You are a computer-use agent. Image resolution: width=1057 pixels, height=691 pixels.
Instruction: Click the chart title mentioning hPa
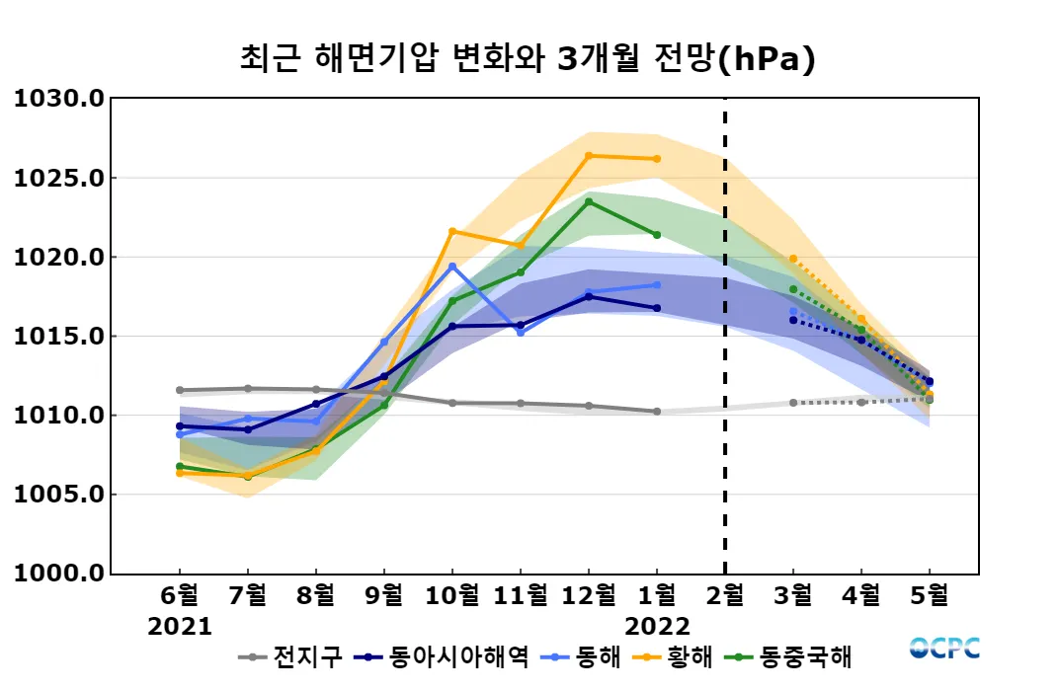click(528, 59)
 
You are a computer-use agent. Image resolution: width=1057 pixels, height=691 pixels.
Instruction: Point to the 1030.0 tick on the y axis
click(58, 99)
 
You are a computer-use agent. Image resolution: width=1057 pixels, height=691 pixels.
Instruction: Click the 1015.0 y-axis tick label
click(58, 336)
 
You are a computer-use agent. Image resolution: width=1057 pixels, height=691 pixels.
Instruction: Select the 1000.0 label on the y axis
click(58, 573)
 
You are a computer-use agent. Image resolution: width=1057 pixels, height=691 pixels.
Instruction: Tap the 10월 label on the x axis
click(452, 595)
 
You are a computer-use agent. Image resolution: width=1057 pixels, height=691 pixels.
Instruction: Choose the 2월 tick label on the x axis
click(725, 595)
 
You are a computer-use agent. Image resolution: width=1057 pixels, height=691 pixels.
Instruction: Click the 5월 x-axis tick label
click(930, 595)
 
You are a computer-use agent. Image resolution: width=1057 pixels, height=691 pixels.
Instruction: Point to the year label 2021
click(180, 626)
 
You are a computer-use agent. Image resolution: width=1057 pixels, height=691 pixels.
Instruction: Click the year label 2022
click(658, 626)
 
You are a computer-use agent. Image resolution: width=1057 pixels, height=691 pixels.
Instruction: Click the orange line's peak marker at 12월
click(589, 155)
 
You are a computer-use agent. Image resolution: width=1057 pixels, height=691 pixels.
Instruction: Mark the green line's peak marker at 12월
click(589, 201)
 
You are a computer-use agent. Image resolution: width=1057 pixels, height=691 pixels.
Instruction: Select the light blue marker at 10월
click(452, 267)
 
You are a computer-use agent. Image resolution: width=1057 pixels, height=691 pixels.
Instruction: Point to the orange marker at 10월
click(452, 231)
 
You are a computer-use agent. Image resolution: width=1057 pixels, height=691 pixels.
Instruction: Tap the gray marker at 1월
click(657, 412)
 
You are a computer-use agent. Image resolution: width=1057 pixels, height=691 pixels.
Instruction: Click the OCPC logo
click(944, 649)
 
